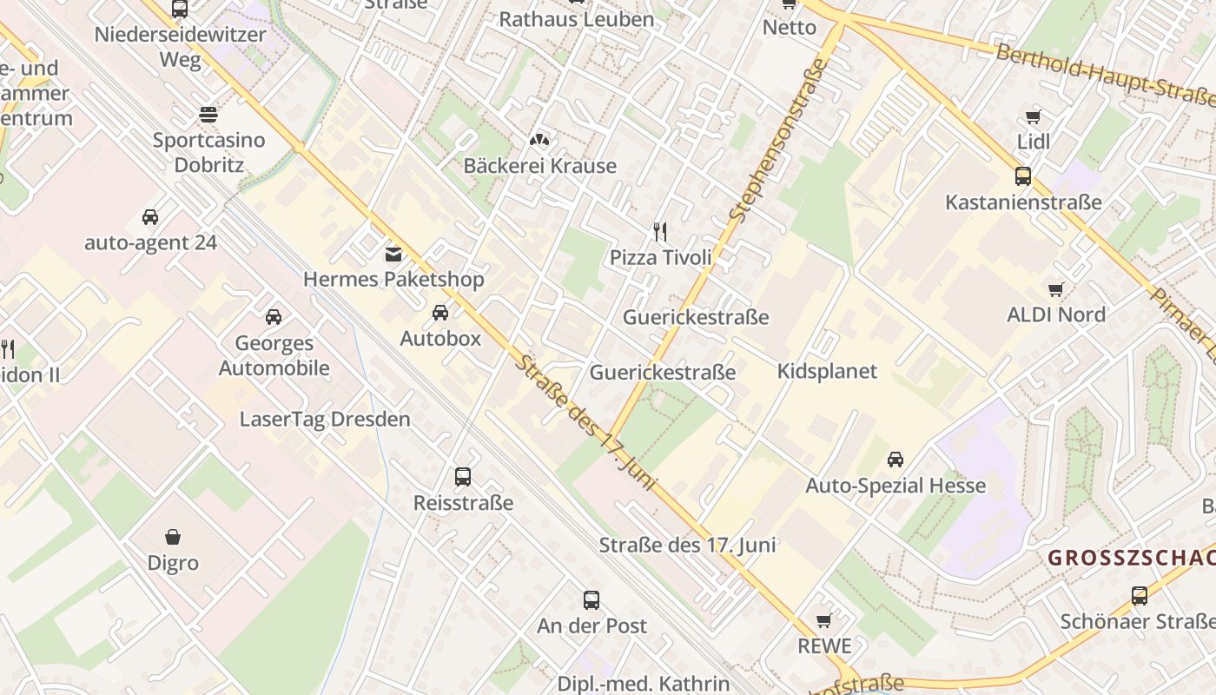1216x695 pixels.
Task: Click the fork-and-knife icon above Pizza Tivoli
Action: [660, 231]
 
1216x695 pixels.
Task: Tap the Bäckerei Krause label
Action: [539, 166]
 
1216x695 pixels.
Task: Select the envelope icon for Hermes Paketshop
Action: [393, 254]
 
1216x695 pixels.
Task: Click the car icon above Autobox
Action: [440, 313]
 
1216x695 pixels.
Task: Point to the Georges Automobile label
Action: [274, 355]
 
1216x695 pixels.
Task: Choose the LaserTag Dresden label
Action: [325, 419]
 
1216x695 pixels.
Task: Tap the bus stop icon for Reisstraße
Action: [463, 476]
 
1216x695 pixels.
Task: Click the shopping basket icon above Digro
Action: [173, 537]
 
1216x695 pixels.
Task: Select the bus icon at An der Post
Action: [591, 599]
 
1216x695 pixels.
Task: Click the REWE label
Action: [824, 646]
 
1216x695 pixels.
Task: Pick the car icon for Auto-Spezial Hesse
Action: [895, 459]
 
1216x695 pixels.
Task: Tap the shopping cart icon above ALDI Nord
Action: [1055, 289]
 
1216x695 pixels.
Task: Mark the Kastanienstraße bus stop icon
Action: [1023, 176]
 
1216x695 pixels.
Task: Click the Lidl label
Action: [1034, 142]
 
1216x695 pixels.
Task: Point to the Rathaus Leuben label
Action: [576, 19]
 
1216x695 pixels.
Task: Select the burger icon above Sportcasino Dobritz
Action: [208, 114]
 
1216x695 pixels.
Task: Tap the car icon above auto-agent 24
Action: [150, 216]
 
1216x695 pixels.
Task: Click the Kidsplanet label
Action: [827, 371]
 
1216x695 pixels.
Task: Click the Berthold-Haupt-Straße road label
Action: [1103, 76]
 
